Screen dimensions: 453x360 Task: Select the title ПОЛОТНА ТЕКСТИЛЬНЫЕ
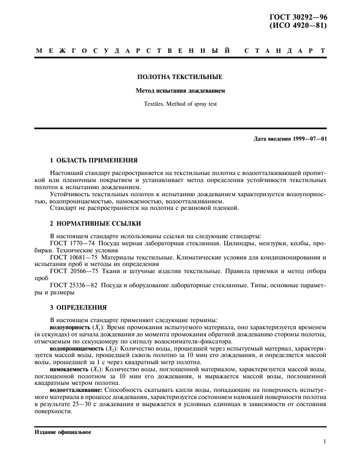[x=180, y=77]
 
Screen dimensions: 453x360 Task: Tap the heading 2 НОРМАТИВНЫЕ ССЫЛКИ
[x=95, y=224]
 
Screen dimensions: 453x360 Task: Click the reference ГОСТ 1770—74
[x=72, y=238]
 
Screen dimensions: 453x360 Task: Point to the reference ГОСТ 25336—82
[x=74, y=285]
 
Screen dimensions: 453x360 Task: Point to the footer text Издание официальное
[x=64, y=431]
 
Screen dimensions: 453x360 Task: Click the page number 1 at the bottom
[x=325, y=443]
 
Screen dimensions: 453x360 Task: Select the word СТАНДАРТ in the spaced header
[x=285, y=51]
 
